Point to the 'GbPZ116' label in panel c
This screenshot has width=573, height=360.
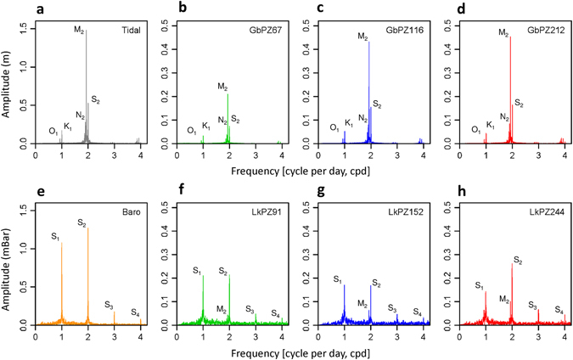tap(405, 28)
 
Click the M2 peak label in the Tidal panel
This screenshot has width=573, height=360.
tap(79, 31)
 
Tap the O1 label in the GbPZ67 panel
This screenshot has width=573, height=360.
tap(193, 130)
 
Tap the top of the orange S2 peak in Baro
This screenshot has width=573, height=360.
tap(87, 228)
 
